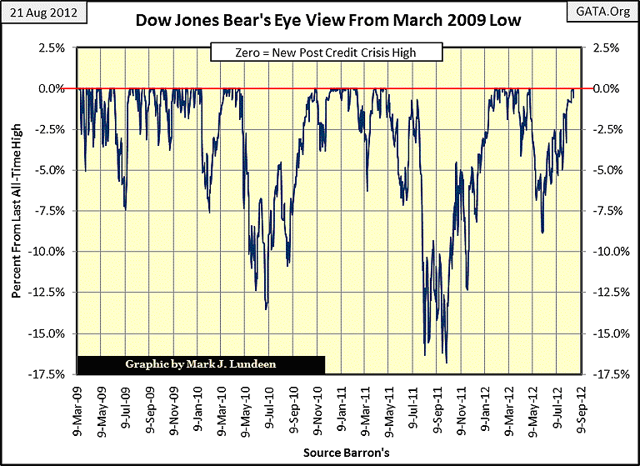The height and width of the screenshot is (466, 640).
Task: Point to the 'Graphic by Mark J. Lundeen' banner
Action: pos(201,364)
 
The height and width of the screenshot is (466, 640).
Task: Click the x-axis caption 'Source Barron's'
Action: pos(331,452)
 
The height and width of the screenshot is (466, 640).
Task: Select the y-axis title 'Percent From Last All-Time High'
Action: pos(17,211)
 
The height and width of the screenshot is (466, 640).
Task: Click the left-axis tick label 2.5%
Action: pos(57,48)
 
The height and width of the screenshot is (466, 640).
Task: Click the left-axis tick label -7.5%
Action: pos(55,211)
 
